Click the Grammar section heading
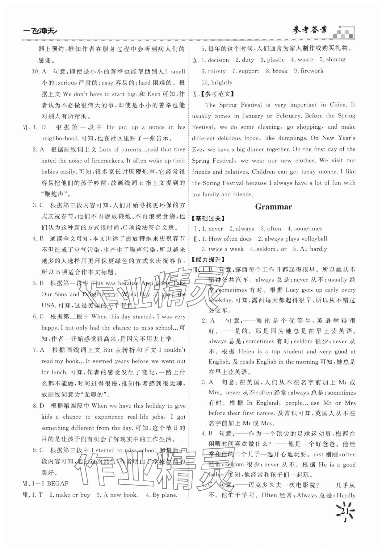pyautogui.click(x=273, y=207)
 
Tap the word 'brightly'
pyautogui.click(x=222, y=82)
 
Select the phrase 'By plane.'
pyautogui.click(x=165, y=495)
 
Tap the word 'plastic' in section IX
pyautogui.click(x=276, y=60)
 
